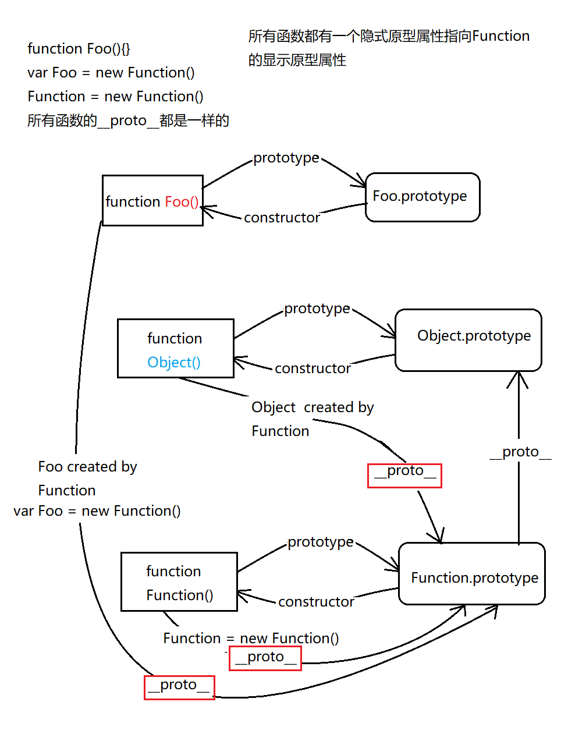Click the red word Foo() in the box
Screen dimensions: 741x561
click(182, 201)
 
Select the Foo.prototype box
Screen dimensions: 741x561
click(422, 197)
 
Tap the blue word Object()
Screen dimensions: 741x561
click(174, 362)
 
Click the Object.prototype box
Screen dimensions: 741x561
click(468, 340)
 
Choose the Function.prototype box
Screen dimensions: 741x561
click(471, 574)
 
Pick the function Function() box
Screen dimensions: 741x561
click(179, 582)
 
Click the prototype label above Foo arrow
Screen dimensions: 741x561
click(286, 158)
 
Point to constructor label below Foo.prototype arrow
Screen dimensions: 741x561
click(282, 218)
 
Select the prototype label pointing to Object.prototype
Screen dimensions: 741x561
click(317, 309)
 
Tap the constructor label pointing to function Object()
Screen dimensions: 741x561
click(313, 368)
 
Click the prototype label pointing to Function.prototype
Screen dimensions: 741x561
click(320, 542)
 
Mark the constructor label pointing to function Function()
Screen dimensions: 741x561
click(316, 602)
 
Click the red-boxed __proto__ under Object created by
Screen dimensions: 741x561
click(404, 475)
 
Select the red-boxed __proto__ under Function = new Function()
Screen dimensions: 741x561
click(265, 658)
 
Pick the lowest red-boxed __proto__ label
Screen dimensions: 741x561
click(179, 687)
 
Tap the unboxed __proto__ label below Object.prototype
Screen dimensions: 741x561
click(520, 452)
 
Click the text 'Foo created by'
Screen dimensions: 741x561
click(87, 467)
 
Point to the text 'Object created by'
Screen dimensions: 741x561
click(313, 407)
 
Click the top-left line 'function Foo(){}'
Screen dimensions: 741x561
click(79, 49)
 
